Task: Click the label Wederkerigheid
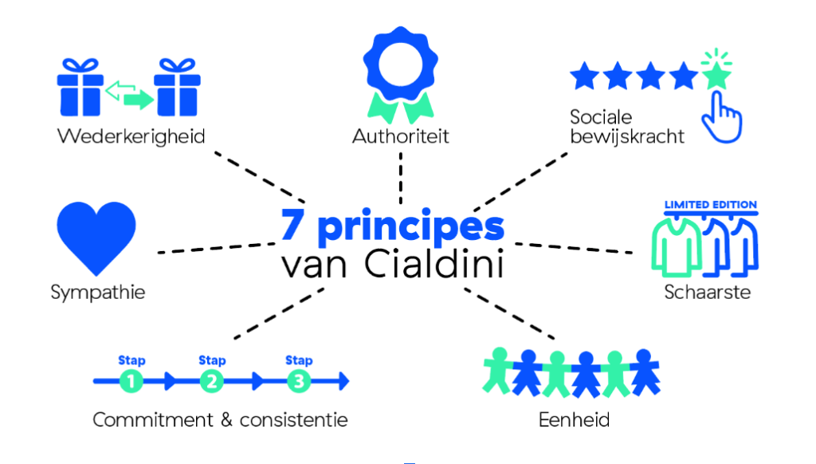[131, 136]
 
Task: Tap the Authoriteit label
[401, 136]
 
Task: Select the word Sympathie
[98, 292]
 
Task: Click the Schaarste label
[708, 292]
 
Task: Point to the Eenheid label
[574, 419]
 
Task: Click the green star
[716, 77]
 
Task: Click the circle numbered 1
[131, 383]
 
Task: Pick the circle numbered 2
[211, 383]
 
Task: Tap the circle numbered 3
[299, 383]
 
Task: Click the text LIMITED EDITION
[711, 205]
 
